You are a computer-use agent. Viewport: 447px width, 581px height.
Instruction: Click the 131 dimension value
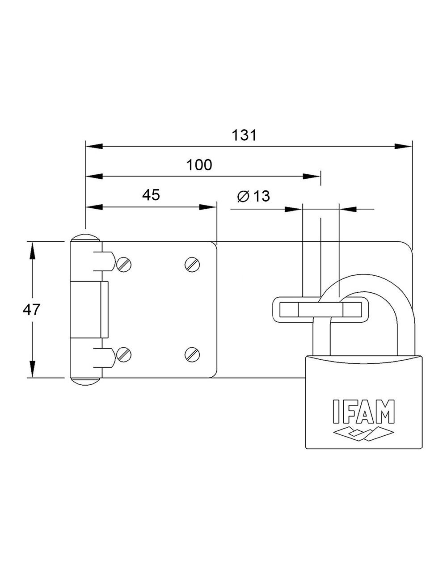245,135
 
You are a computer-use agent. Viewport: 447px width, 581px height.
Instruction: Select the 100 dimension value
199,165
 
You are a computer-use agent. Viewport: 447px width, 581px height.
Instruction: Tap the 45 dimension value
151,195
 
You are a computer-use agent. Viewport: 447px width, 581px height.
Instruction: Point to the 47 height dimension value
32,309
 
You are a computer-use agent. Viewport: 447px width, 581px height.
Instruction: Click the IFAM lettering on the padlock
363,411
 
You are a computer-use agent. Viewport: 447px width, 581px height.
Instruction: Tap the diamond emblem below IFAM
363,433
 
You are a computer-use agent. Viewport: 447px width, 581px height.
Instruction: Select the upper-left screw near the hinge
124,265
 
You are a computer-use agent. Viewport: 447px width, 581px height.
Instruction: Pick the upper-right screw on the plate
192,265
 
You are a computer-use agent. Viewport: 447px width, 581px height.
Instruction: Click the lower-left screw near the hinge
124,354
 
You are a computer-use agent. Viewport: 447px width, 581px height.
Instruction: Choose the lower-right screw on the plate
192,354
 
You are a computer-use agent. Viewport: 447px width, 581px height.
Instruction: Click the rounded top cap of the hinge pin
86,238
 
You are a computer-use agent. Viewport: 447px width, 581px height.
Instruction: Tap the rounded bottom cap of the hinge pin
86,381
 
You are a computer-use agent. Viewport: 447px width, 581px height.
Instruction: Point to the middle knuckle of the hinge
89,309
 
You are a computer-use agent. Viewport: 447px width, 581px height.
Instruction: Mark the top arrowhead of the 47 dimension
32,250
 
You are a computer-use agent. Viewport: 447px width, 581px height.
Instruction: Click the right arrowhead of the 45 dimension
207,207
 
